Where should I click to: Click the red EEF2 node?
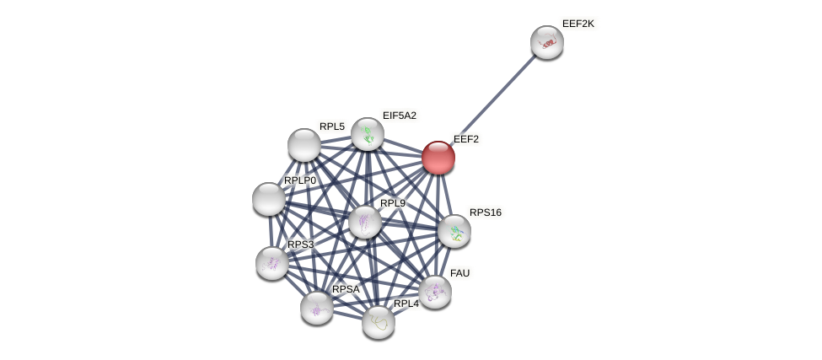click(438, 158)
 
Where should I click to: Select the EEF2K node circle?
click(547, 42)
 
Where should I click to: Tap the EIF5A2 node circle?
click(368, 134)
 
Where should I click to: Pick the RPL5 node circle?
click(304, 145)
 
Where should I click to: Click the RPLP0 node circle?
click(269, 199)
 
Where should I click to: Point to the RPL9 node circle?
click(365, 222)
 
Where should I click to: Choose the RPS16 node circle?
click(454, 231)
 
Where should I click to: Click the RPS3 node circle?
click(272, 263)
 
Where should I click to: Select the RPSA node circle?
click(317, 308)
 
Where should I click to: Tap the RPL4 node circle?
click(379, 321)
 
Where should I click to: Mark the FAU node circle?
click(435, 292)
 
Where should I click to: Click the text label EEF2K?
click(578, 24)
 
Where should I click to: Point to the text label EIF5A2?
click(400, 116)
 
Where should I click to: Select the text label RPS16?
click(486, 212)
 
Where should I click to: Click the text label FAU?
click(460, 273)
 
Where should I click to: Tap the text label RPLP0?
click(300, 180)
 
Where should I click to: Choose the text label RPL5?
click(332, 126)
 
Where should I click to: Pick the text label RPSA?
click(346, 289)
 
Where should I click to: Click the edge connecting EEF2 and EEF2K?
click(493, 99)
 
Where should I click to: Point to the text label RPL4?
click(406, 304)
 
